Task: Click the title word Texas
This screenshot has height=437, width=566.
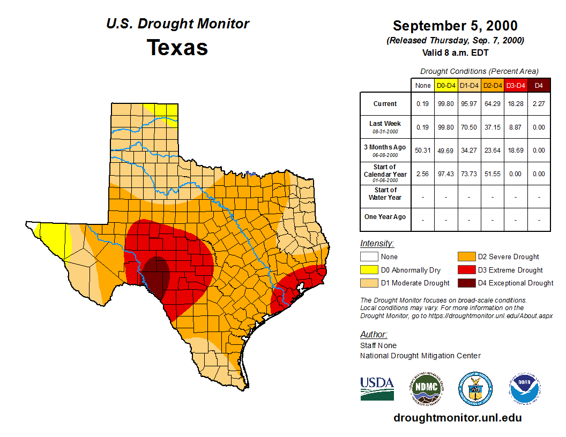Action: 177,48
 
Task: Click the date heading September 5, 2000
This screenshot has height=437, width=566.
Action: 455,26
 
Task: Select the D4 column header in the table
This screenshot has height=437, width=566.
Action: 539,85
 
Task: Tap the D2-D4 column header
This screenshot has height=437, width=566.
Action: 492,85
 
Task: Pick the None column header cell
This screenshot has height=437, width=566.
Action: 423,85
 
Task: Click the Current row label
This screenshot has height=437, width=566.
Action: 385,104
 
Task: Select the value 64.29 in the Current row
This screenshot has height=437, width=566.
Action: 492,104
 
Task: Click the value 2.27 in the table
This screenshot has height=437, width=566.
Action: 539,104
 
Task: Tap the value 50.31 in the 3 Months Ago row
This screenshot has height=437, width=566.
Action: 423,150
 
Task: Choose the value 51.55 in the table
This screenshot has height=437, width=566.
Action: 492,174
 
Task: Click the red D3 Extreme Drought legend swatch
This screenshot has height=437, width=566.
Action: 465,270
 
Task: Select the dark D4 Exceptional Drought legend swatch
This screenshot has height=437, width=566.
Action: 465,283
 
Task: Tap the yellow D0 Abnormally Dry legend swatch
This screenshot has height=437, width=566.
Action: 369,270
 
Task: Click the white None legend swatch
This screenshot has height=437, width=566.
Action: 369,257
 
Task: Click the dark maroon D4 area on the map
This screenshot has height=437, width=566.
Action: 156,276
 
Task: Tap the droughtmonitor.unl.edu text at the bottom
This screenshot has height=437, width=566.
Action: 457,418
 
